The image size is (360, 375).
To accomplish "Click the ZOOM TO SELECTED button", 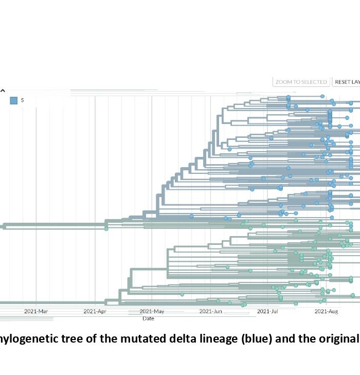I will [301, 82].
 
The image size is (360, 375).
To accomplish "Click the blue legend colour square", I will [14, 100].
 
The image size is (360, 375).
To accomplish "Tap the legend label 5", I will [23, 100].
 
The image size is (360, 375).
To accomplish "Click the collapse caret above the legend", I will [2, 90].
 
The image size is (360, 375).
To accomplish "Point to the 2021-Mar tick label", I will [36, 311].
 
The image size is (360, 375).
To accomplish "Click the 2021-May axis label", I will [152, 311].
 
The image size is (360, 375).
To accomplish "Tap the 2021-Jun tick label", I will [210, 311].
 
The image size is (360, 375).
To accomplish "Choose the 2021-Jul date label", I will [267, 311].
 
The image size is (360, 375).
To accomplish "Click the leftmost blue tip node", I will [191, 216].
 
